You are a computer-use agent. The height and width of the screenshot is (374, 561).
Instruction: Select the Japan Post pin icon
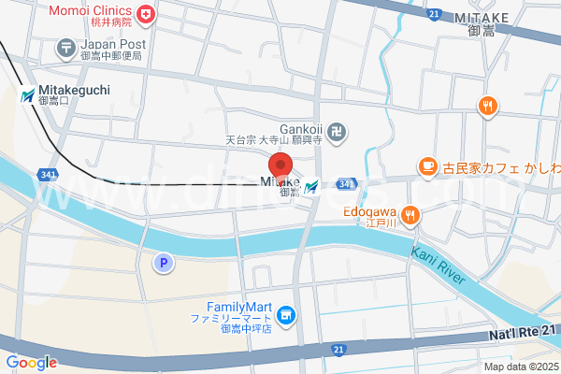(x=66, y=45)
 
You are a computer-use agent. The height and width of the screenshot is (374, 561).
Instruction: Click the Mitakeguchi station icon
(x=28, y=94)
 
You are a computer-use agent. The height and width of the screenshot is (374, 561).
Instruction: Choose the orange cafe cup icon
(x=427, y=166)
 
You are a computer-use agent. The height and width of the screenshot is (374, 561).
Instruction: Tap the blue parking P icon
(x=164, y=264)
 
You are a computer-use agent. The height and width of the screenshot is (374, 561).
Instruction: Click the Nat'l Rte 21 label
(x=522, y=333)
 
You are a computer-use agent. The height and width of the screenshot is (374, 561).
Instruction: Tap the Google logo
(x=31, y=363)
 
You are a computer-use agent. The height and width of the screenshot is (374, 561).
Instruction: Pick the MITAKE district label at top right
(x=482, y=18)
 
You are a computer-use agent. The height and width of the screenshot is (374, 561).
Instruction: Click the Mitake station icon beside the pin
(x=310, y=186)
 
